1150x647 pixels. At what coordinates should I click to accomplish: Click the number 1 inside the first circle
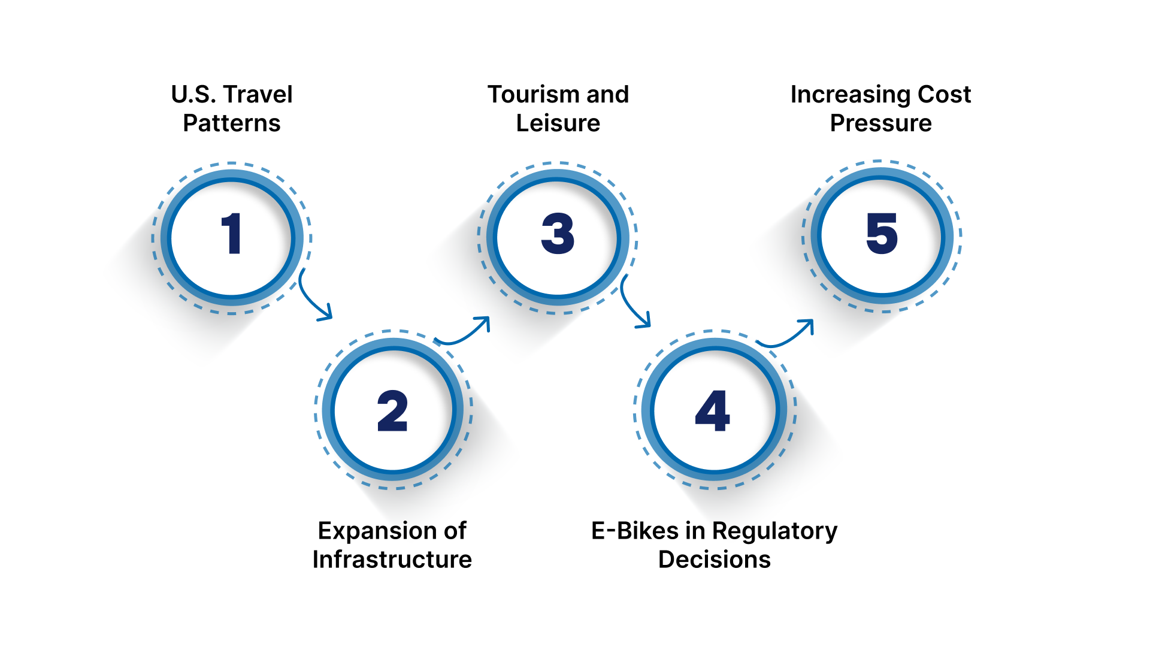pos(231,234)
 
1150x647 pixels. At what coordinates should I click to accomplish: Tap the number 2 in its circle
pos(392,411)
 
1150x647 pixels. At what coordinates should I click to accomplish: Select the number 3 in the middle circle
pos(558,234)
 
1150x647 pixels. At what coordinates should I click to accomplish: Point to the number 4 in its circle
pos(713,411)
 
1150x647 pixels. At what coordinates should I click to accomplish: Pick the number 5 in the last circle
pos(882,234)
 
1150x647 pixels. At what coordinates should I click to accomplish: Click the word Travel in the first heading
pos(258,94)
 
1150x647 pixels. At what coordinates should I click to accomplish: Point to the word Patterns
pos(232,123)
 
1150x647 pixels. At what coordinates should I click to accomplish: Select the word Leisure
pos(558,123)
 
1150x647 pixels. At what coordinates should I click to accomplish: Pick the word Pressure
pos(881,123)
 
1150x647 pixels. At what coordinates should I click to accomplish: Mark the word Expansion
pos(377,531)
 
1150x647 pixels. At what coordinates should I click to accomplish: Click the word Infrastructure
pos(392,560)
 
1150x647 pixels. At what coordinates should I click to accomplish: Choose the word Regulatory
pos(774,531)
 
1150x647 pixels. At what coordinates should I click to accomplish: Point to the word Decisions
pos(715,560)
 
